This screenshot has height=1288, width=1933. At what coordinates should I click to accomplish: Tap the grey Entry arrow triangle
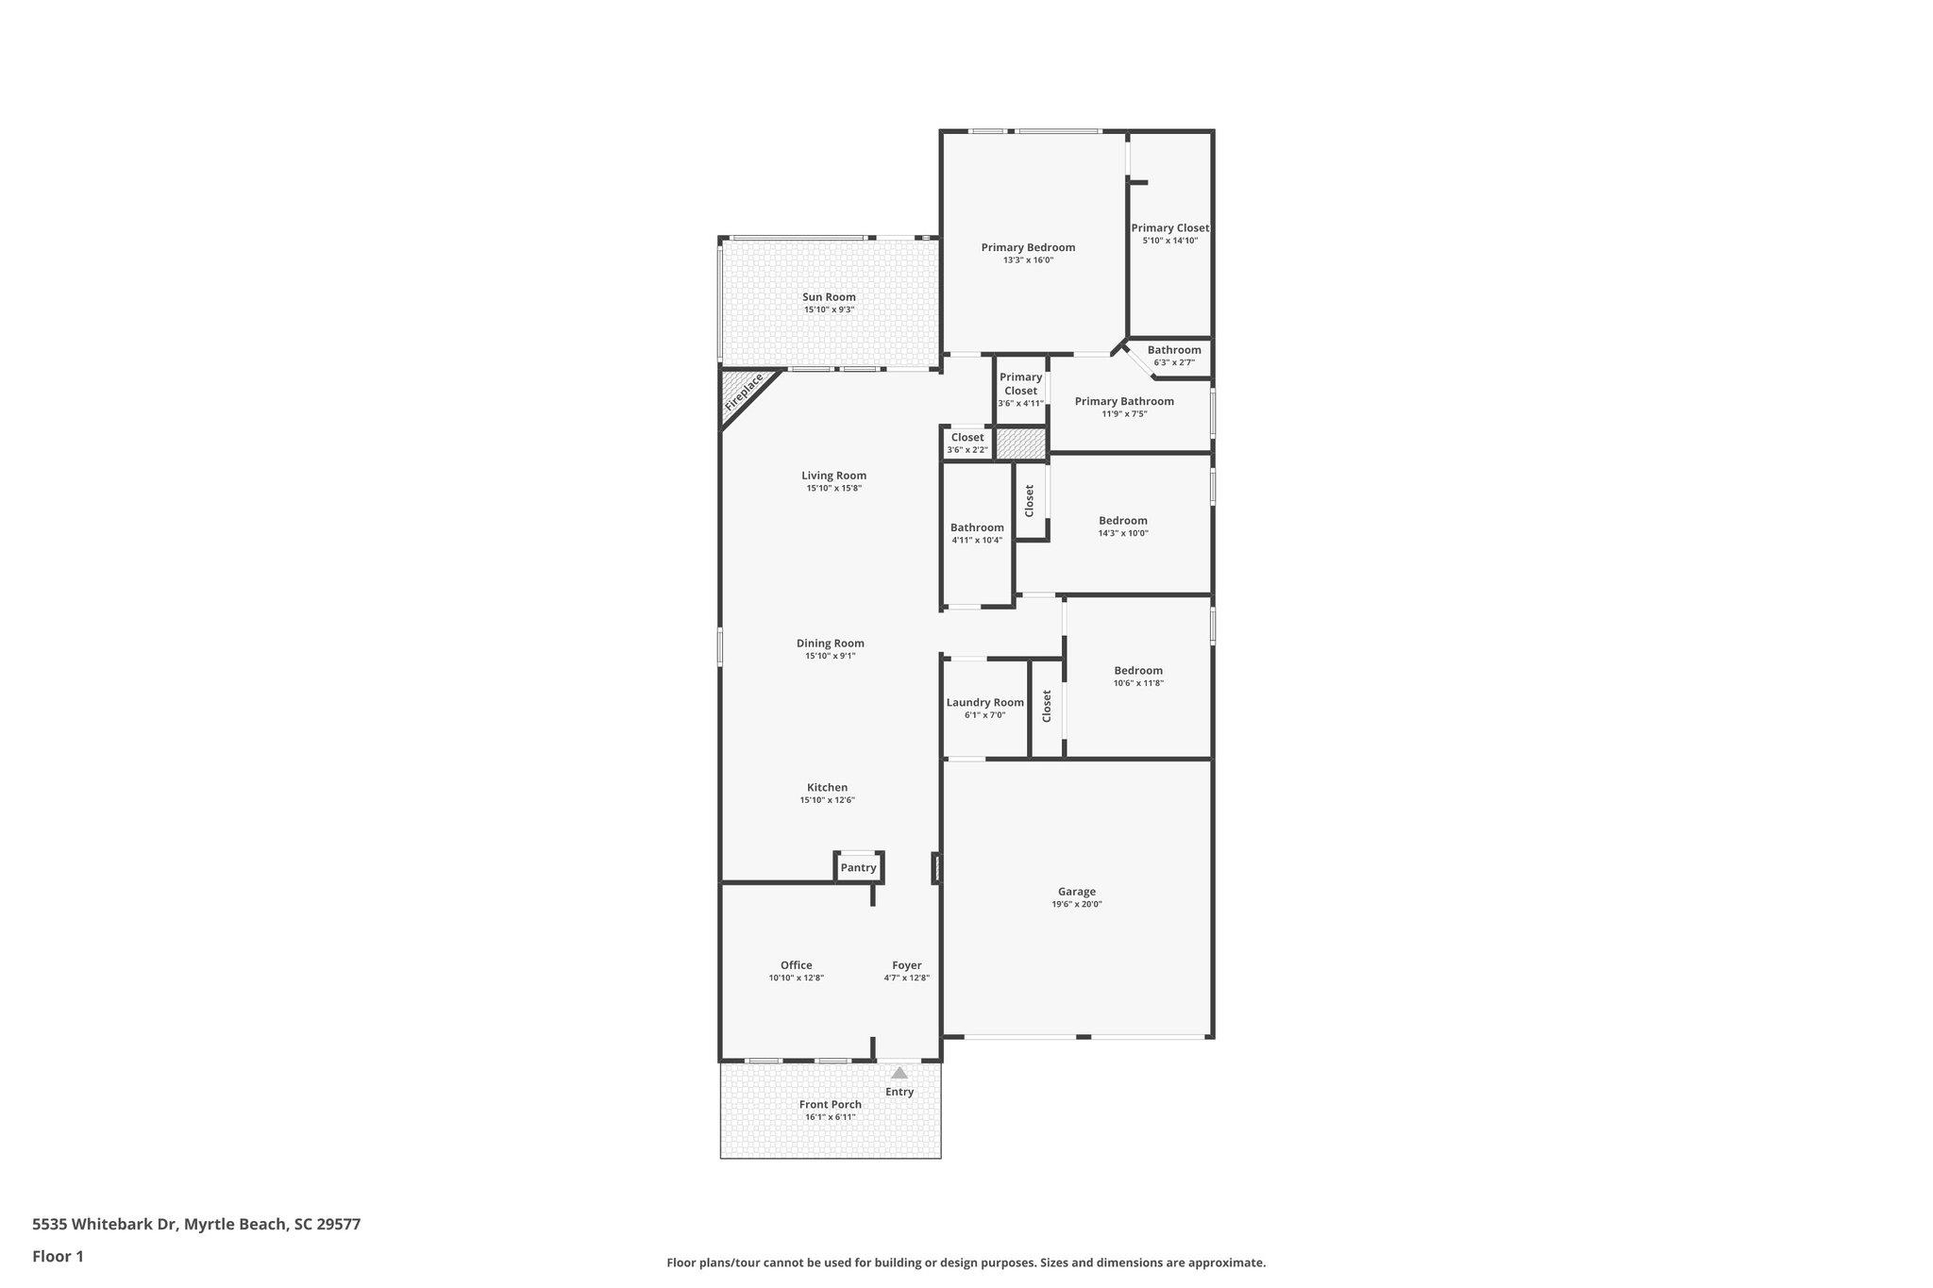[899, 1072]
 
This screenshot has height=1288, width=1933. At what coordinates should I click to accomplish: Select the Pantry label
[859, 867]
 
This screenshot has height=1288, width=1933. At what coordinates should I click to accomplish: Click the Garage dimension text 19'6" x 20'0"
[1077, 904]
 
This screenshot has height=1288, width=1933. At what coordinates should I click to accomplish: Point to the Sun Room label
[830, 297]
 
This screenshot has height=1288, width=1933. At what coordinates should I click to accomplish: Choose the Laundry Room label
[985, 702]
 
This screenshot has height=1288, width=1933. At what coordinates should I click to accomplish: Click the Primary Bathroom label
[1124, 401]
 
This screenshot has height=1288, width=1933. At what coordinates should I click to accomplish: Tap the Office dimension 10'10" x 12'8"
[797, 978]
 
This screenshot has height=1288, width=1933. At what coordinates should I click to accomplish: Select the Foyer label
[907, 965]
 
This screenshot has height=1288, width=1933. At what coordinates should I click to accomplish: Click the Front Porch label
[831, 1104]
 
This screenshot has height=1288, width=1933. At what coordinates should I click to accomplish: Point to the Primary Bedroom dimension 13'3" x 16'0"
[1028, 259]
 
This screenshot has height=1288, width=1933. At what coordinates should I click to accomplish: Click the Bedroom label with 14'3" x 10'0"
[1123, 520]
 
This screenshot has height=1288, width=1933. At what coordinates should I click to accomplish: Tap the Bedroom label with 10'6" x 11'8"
[1138, 670]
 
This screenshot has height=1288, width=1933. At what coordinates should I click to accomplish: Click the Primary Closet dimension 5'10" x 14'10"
[1170, 241]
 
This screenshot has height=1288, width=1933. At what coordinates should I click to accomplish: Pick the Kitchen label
[827, 787]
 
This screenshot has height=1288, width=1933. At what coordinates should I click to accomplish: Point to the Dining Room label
[831, 643]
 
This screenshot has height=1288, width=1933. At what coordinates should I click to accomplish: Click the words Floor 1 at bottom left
[58, 1256]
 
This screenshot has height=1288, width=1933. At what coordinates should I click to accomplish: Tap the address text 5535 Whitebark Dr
[104, 1224]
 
